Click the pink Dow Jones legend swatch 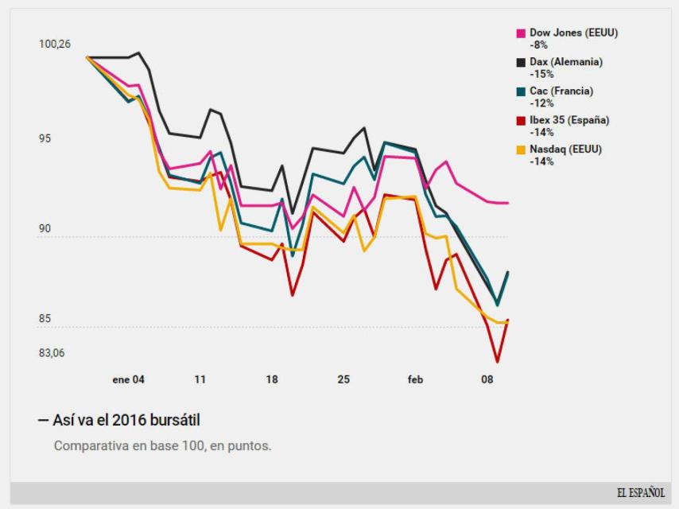coord(521,33)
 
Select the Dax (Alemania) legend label coord(565,62)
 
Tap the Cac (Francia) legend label coord(561,91)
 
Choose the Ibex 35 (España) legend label coord(569,121)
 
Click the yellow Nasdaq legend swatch coord(521,150)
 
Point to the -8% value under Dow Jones coord(538,45)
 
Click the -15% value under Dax coord(541,74)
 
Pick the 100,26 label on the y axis coord(55,44)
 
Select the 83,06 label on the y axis coord(52,352)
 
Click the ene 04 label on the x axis coord(129,379)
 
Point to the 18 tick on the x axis coord(272,379)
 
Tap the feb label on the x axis coord(415,379)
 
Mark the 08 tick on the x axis coord(487,379)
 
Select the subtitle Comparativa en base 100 coord(162,445)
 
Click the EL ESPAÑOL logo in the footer coord(640,493)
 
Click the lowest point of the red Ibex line coord(498,362)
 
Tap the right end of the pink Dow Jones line coord(507,203)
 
